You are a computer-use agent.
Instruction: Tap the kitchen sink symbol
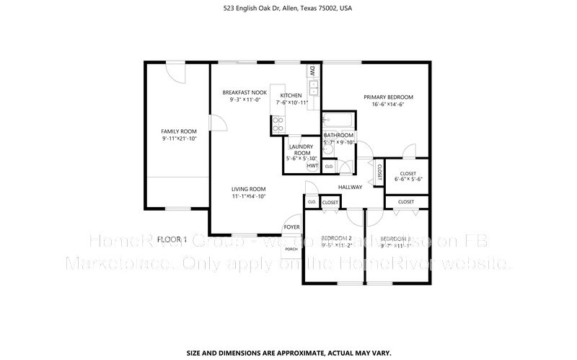[314, 87]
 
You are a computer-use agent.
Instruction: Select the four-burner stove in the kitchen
[277, 124]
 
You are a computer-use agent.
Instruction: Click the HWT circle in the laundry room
[312, 166]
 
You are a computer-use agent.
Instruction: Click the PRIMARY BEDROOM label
[388, 97]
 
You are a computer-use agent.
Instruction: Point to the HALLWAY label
[350, 188]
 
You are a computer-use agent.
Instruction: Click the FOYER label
[291, 227]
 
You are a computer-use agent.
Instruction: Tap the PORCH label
[291, 249]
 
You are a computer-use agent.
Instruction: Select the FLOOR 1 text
[172, 239]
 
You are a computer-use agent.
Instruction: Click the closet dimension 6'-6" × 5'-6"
[407, 180]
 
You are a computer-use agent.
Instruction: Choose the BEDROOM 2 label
[336, 238]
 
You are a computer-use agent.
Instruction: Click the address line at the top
[288, 9]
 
